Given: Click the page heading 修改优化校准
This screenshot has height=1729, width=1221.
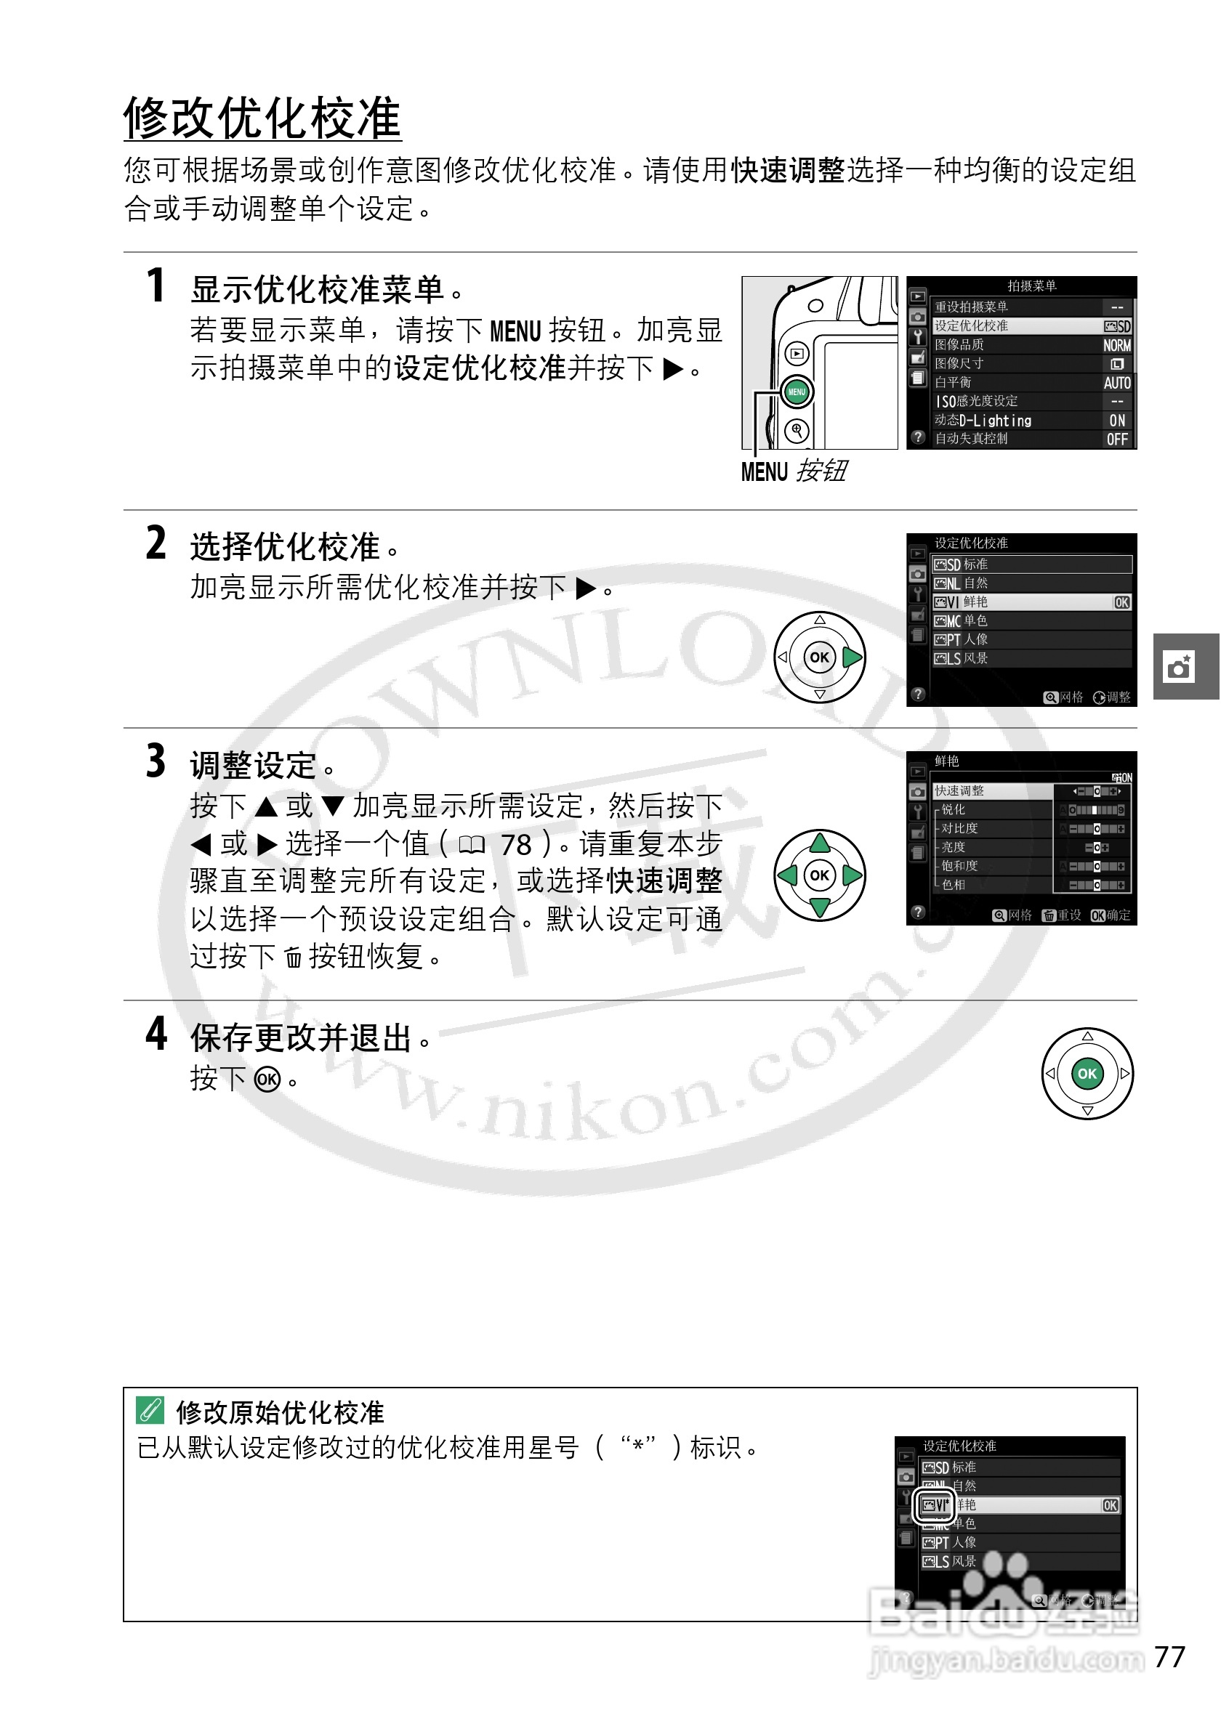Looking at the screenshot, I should point(262,119).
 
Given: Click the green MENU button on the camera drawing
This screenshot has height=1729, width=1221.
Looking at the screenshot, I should point(797,392).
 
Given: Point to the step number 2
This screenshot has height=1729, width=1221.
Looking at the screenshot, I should point(156,543).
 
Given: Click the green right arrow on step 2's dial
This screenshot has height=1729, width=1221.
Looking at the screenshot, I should point(852,657).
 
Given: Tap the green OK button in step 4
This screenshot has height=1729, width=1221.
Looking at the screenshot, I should point(1087,1074).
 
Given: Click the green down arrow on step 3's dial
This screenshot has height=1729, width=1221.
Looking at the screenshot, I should point(820,907).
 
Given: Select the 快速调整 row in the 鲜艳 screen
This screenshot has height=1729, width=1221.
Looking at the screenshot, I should point(993,790).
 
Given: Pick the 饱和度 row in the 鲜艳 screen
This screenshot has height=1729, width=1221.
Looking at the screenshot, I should point(993,866).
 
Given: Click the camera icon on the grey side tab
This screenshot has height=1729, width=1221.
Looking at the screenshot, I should point(1179,667).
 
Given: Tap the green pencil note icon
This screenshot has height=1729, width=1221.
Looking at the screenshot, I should point(150,1409).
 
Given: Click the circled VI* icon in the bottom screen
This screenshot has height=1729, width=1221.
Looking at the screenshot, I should point(935,1505).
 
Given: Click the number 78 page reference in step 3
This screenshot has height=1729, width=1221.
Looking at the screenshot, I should point(516,845).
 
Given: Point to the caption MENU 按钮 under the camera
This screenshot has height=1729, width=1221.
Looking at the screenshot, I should point(794,471).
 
